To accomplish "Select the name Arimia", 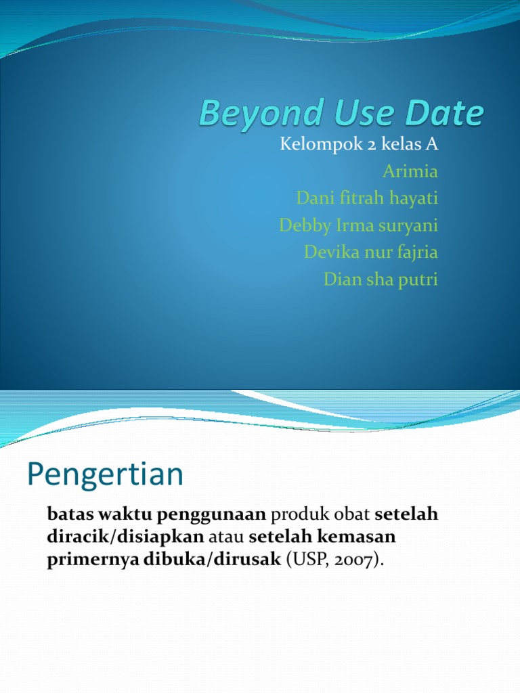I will coord(410,171).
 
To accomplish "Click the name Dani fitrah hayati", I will coord(368,198).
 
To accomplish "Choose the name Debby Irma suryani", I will coord(358,225).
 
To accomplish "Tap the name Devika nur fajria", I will coord(371,252).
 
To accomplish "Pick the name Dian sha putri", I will coord(381,280).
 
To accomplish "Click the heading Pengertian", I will coord(105,475).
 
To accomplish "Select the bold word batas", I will coord(69,515).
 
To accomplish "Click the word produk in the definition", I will coord(296,515).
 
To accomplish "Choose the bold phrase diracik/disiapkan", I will coord(125,538).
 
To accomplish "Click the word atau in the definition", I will coord(226,538).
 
